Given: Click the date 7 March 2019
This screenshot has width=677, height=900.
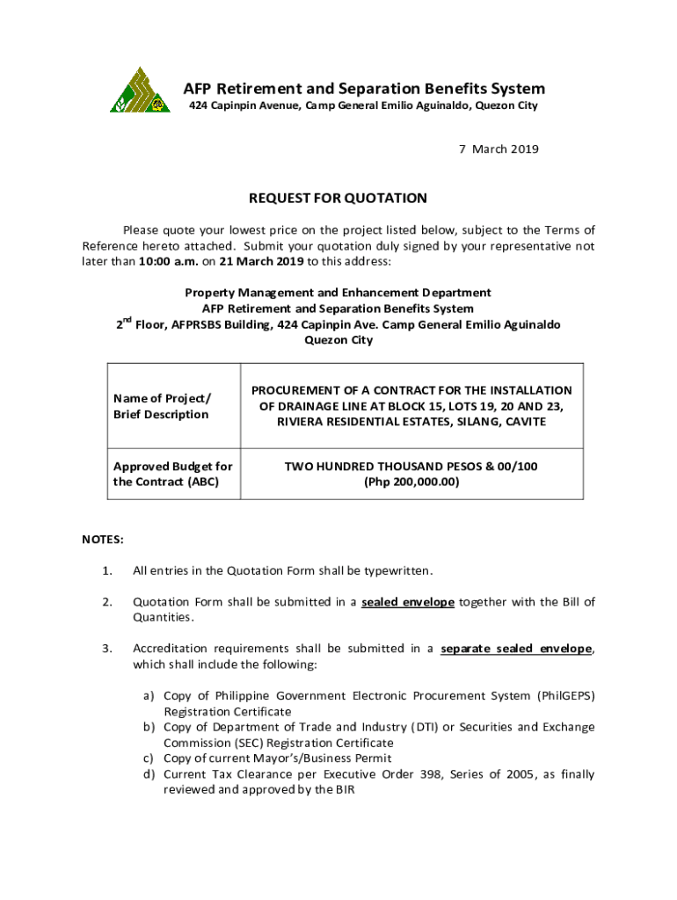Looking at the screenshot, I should (x=499, y=149).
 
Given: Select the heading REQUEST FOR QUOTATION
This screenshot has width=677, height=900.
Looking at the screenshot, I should (x=338, y=199).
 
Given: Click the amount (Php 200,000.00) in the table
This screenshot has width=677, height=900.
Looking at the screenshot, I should (x=411, y=482).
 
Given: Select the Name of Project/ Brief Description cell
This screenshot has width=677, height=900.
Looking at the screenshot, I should (x=162, y=406).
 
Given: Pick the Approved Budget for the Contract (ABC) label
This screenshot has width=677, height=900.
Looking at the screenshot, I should (x=172, y=474).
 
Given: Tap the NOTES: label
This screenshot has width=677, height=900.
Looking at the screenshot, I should (x=103, y=538).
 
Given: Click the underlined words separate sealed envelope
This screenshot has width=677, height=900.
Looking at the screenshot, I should (x=516, y=649).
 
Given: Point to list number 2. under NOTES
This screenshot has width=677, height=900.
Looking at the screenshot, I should (x=106, y=602).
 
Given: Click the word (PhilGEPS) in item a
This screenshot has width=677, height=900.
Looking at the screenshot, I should (x=564, y=695).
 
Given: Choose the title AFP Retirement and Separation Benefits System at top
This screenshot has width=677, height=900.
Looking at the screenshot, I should (x=364, y=89).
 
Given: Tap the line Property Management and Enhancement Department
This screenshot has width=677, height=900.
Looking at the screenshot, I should (x=338, y=293).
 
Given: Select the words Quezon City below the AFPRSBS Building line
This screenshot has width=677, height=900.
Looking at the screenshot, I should (x=338, y=340).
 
